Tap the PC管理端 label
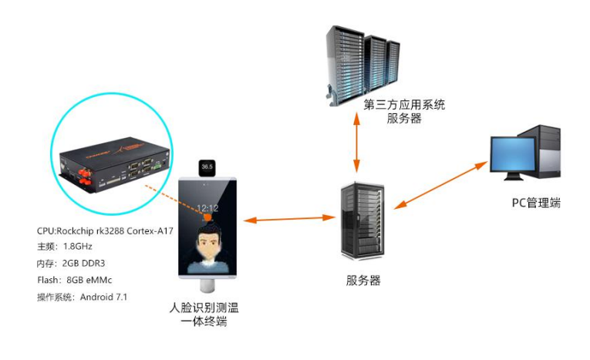coord(536,203)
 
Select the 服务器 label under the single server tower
coord(362,280)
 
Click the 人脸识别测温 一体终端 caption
coord(204,314)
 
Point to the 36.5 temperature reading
coord(206,166)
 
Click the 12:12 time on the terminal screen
coord(206,208)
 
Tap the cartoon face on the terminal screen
coord(206,244)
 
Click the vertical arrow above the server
coord(356,146)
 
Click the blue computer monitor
coord(514,157)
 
